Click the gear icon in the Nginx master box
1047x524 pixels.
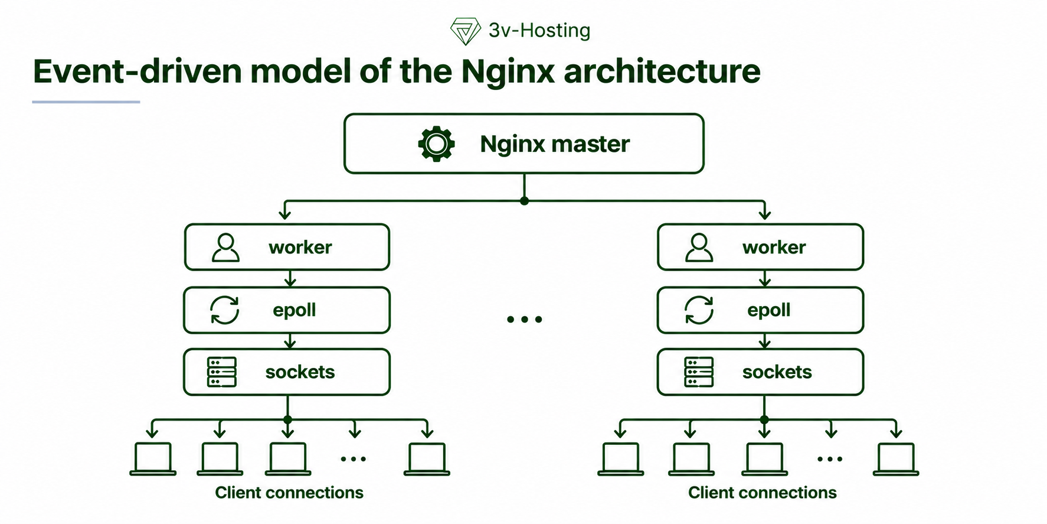436,144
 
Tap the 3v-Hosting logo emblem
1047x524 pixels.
465,31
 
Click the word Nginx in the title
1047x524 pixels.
508,72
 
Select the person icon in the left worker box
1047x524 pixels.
225,248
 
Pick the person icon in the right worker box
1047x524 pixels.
699,248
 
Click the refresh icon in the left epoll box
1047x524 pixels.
225,310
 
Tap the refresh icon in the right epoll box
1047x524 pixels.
699,310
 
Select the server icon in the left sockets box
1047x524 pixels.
222,372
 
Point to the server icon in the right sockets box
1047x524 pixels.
699,372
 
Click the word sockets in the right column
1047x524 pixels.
777,372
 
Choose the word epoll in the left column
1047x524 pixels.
294,310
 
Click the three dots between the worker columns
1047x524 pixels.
524,320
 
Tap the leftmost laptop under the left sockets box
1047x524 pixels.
153,459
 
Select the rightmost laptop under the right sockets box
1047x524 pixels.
896,459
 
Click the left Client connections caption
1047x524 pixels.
289,493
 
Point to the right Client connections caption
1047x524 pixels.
763,493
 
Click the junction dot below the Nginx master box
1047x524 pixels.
524,201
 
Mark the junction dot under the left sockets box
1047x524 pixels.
287,420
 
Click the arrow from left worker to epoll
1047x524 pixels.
290,278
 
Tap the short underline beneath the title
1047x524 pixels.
86,102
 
